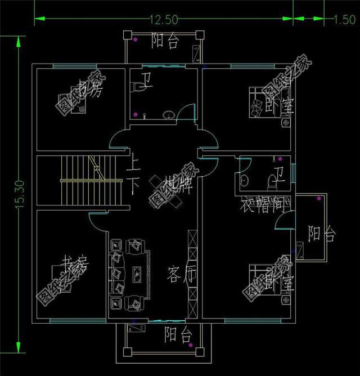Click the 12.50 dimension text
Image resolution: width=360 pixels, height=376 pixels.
pyautogui.click(x=164, y=20)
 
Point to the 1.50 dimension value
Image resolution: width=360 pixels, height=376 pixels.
pyautogui.click(x=343, y=20)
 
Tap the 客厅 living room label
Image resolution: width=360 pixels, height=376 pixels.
pyautogui.click(x=181, y=275)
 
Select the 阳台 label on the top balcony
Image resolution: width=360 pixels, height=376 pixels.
pyautogui.click(x=166, y=41)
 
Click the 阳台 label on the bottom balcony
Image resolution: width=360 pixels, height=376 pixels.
pyautogui.click(x=178, y=335)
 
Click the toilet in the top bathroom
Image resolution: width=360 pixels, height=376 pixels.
pyautogui.click(x=137, y=88)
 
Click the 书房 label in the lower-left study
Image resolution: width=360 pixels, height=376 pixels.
pyautogui.click(x=75, y=263)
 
